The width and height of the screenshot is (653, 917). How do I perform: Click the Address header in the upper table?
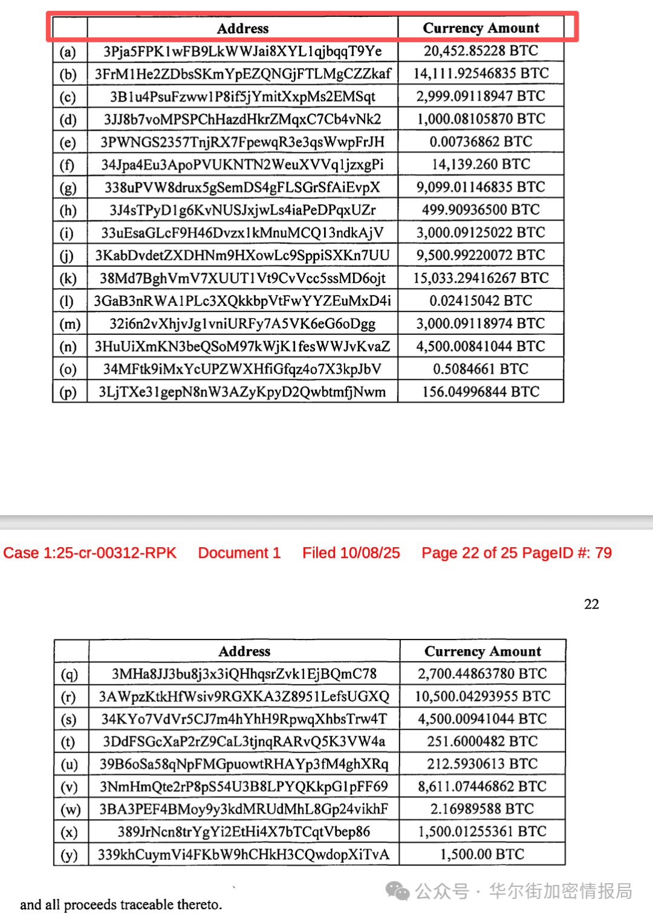click(242, 28)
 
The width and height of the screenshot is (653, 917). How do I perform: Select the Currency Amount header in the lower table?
click(482, 651)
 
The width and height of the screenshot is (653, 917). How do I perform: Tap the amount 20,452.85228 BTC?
click(481, 51)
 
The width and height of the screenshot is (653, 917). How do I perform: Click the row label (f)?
click(67, 165)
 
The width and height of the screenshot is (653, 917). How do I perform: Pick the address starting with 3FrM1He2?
click(242, 74)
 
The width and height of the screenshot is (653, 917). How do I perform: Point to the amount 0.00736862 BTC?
click(481, 142)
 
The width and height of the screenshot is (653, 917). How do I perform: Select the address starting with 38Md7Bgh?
click(242, 278)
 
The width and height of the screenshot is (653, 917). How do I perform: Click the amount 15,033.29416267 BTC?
click(481, 278)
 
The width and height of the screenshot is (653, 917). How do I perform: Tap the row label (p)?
click(68, 392)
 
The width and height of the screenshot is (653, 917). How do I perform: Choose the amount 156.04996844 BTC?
click(481, 392)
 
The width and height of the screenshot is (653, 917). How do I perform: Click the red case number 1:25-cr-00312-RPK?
click(89, 553)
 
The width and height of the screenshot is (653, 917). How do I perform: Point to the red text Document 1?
click(239, 553)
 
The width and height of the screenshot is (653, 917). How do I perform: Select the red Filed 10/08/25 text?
click(351, 553)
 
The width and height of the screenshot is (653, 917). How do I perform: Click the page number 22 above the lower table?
click(591, 604)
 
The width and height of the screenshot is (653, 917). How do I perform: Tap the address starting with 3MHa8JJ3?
click(244, 674)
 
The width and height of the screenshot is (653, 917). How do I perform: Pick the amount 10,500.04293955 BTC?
click(482, 696)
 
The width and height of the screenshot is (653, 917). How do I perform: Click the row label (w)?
click(70, 810)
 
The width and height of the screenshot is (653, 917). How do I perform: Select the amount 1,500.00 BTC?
click(482, 855)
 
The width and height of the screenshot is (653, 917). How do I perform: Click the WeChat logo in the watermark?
click(398, 890)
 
